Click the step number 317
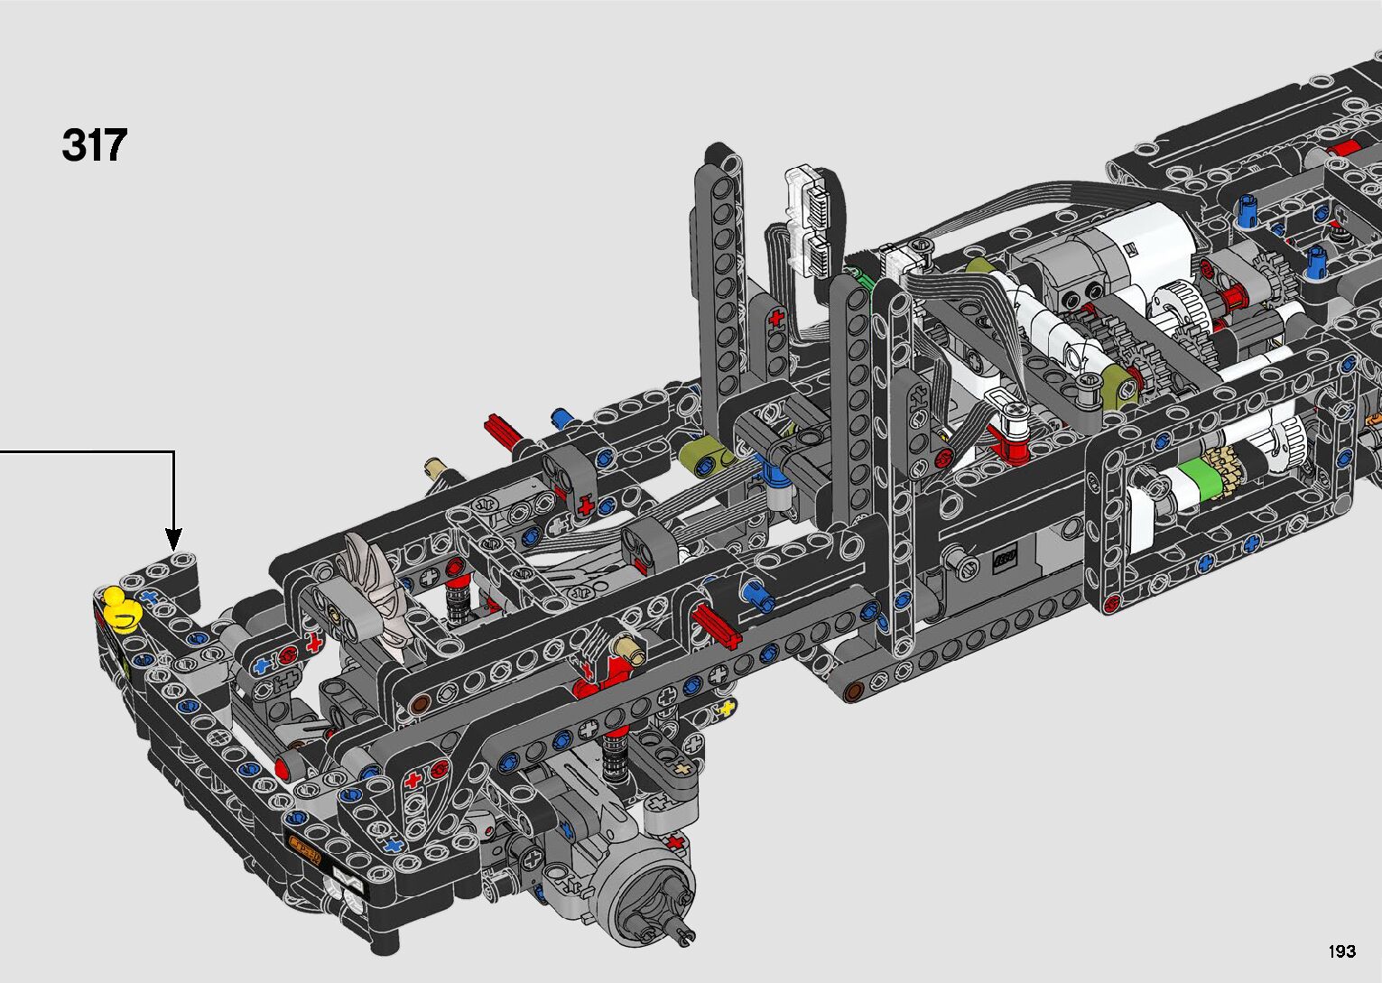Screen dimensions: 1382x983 95,145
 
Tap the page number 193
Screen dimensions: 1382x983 1341,951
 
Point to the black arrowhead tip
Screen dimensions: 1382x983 174,549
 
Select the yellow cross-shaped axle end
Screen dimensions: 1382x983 726,709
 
